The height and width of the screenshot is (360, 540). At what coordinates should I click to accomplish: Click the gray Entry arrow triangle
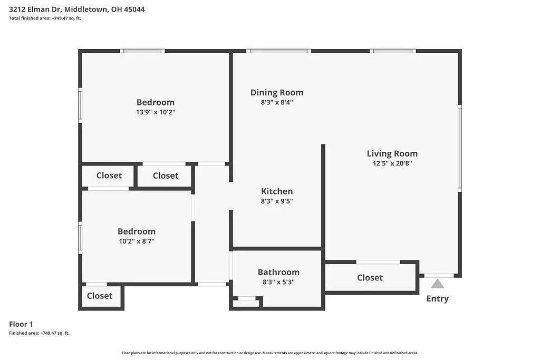pyautogui.click(x=437, y=284)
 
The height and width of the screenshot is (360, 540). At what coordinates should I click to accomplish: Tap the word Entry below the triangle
pyautogui.click(x=437, y=298)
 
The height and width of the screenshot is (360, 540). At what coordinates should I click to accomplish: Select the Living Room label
pyautogui.click(x=392, y=153)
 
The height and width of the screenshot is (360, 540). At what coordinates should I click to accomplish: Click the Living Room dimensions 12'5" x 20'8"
pyautogui.click(x=392, y=163)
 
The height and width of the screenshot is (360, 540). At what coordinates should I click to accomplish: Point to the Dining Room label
pyautogui.click(x=277, y=93)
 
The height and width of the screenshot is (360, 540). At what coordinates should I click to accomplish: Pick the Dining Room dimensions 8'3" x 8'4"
pyautogui.click(x=277, y=102)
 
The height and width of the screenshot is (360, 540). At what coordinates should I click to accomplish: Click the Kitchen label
pyautogui.click(x=277, y=191)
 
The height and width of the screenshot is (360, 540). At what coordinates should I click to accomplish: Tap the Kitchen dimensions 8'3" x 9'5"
pyautogui.click(x=277, y=201)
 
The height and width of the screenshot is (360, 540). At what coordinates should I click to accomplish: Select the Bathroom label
pyautogui.click(x=278, y=272)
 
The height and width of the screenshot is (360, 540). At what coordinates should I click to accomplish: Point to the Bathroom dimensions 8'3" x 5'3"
pyautogui.click(x=278, y=282)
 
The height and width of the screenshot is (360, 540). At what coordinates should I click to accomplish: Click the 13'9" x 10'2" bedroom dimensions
pyautogui.click(x=156, y=112)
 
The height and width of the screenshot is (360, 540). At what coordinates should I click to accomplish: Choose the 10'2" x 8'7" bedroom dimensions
pyautogui.click(x=137, y=241)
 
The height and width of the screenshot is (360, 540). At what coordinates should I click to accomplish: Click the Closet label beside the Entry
pyautogui.click(x=370, y=278)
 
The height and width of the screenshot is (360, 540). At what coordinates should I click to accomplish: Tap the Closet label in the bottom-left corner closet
pyautogui.click(x=100, y=296)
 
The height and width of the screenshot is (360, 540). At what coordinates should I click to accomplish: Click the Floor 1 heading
pyautogui.click(x=21, y=324)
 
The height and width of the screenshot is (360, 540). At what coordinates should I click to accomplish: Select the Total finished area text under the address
pyautogui.click(x=45, y=18)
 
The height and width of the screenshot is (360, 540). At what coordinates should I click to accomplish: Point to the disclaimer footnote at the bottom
pyautogui.click(x=270, y=353)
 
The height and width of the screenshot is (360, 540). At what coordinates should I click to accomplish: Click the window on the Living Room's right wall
pyautogui.click(x=460, y=148)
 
